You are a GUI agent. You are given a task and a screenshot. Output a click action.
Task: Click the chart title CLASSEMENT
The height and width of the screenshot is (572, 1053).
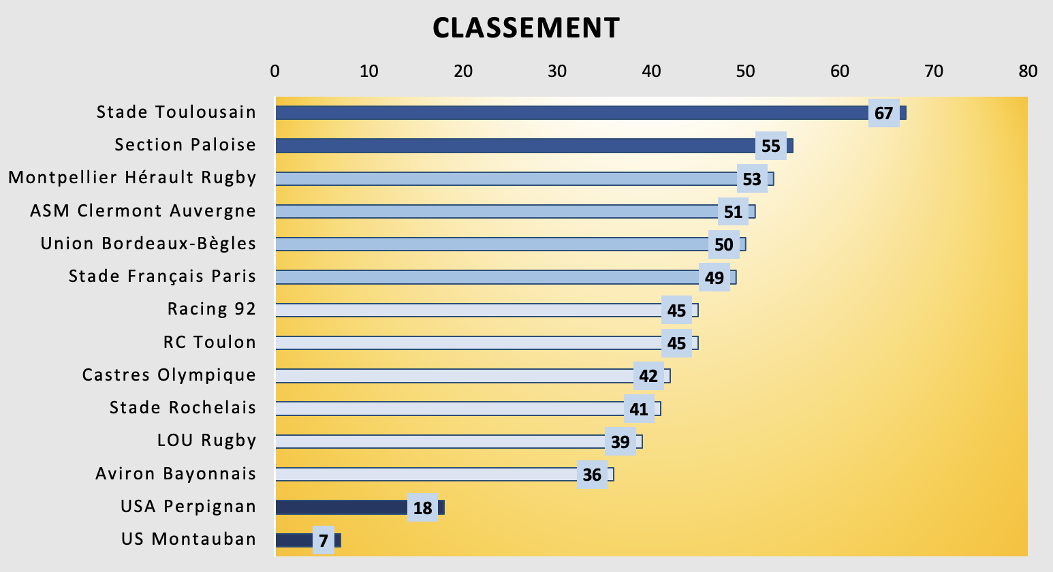(x=526, y=29)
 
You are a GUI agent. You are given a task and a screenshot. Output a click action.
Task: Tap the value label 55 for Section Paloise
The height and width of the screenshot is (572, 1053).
(x=770, y=146)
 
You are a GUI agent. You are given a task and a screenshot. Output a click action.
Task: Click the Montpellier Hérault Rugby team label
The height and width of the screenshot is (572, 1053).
(x=132, y=178)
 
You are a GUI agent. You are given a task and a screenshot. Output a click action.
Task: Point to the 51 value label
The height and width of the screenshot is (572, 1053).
(x=733, y=212)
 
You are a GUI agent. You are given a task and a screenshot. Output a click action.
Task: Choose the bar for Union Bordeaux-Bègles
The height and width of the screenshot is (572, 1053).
(x=490, y=244)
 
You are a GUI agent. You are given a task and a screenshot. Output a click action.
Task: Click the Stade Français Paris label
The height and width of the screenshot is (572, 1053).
(x=162, y=276)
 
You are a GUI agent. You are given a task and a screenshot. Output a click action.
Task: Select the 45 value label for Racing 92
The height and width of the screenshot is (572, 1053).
(x=676, y=311)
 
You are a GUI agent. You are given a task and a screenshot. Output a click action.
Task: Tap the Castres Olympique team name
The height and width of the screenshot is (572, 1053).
(x=169, y=375)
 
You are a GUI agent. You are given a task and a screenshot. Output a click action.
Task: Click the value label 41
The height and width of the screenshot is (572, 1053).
(x=639, y=409)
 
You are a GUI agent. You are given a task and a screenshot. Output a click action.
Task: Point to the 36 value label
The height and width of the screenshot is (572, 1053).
(x=592, y=475)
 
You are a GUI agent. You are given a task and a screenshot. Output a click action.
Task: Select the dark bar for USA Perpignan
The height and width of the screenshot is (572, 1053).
(x=341, y=507)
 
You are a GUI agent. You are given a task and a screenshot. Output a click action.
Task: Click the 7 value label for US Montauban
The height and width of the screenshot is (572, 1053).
(x=324, y=541)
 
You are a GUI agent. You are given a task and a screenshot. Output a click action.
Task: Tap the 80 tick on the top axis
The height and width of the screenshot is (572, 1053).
(x=1027, y=71)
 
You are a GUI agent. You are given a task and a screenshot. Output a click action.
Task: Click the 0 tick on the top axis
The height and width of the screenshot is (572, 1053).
(x=275, y=71)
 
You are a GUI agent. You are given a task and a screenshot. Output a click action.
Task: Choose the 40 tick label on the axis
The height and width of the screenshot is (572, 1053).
(x=652, y=71)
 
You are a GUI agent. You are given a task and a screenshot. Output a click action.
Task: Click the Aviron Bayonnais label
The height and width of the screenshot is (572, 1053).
(x=176, y=474)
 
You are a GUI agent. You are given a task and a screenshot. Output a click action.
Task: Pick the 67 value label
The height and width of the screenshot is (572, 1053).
(x=883, y=113)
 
